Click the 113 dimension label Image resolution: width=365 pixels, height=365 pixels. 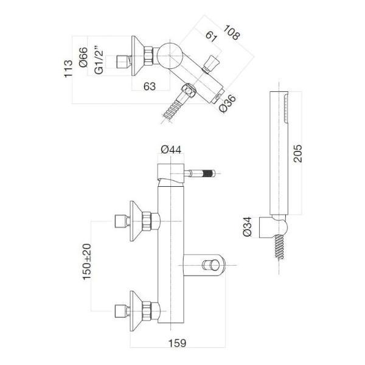coord(68,68)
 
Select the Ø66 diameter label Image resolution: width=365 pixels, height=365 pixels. coord(83,57)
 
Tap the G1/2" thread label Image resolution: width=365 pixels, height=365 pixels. coord(99,61)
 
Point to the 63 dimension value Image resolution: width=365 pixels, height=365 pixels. coord(150,86)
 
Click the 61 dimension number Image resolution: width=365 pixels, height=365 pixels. coord(212,36)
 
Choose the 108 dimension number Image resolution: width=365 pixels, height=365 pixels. coord(231,32)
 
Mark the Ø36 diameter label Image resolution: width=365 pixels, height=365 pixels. coord(228,103)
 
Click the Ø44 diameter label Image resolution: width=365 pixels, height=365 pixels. coord(171,150)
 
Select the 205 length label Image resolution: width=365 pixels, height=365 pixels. coord(297,153)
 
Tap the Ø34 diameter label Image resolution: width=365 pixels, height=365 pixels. coord(247,226)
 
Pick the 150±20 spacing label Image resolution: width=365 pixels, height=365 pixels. coord(87,262)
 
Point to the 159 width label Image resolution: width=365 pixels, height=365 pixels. coord(177,343)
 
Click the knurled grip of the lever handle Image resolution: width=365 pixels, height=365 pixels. coord(209,173)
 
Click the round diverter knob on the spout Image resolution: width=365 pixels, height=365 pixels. coord(211,265)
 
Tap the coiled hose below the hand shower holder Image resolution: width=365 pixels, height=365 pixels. coord(279,246)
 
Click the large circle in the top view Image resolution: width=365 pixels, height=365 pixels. coord(170,55)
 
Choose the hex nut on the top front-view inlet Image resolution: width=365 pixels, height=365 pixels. coord(147,221)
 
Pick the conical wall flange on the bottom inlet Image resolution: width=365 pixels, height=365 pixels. coord(136,311)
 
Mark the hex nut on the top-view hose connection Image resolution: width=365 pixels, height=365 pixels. coord(189,91)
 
